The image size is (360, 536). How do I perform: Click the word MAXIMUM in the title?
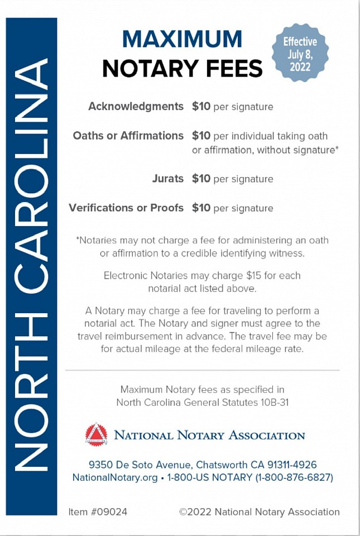tap(182, 39)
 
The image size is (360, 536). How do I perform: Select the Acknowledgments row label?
tap(136, 106)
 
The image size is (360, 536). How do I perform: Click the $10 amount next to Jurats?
tap(201, 179)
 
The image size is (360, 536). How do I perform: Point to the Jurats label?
tap(167, 179)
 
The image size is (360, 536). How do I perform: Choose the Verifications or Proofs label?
tap(126, 208)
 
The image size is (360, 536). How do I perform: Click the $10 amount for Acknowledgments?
tap(201, 106)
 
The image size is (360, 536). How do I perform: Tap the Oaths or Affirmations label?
tap(128, 136)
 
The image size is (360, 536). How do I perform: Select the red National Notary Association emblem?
tap(96, 434)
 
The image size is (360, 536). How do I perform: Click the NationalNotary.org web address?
tap(114, 477)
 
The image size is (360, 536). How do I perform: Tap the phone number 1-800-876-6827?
tap(294, 477)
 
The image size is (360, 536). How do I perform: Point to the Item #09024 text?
tap(98, 511)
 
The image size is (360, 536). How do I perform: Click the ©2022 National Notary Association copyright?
tap(259, 511)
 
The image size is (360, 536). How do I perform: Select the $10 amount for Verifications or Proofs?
tap(201, 208)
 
